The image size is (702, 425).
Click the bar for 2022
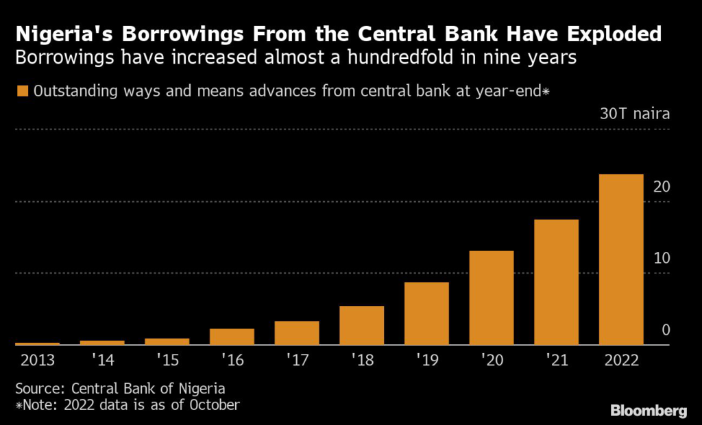pyautogui.click(x=621, y=260)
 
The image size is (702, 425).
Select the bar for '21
pyautogui.click(x=556, y=283)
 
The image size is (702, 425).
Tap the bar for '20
pyautogui.click(x=492, y=298)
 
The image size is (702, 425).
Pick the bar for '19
pyautogui.click(x=426, y=313)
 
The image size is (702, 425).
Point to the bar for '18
pyautogui.click(x=362, y=326)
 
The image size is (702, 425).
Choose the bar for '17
pyautogui.click(x=297, y=333)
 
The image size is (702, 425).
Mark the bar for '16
pyautogui.click(x=232, y=337)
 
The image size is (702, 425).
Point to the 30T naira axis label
pyautogui.click(x=635, y=114)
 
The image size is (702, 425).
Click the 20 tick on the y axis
pyautogui.click(x=662, y=187)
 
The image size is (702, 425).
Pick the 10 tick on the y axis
pyautogui.click(x=662, y=258)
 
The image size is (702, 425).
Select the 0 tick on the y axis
pyautogui.click(x=666, y=330)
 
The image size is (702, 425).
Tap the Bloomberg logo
pyautogui.click(x=649, y=411)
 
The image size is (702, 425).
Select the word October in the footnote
pyautogui.click(x=214, y=405)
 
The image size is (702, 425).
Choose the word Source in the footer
pyautogui.click(x=37, y=388)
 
